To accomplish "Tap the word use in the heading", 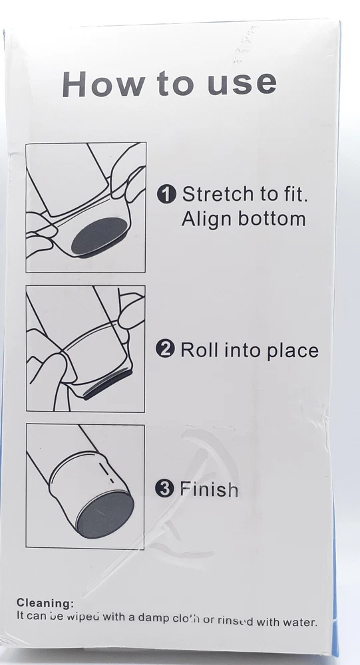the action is click(x=242, y=84).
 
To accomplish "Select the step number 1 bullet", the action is click(x=166, y=195).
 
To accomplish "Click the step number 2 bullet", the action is click(x=165, y=350).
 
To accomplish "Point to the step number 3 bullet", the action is click(x=164, y=489).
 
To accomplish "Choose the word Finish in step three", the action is click(x=209, y=489).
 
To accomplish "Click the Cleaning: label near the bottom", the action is click(x=45, y=603).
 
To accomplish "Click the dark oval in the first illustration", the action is click(x=99, y=236).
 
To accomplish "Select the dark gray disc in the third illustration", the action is click(x=105, y=515).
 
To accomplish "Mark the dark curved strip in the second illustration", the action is click(x=107, y=384).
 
